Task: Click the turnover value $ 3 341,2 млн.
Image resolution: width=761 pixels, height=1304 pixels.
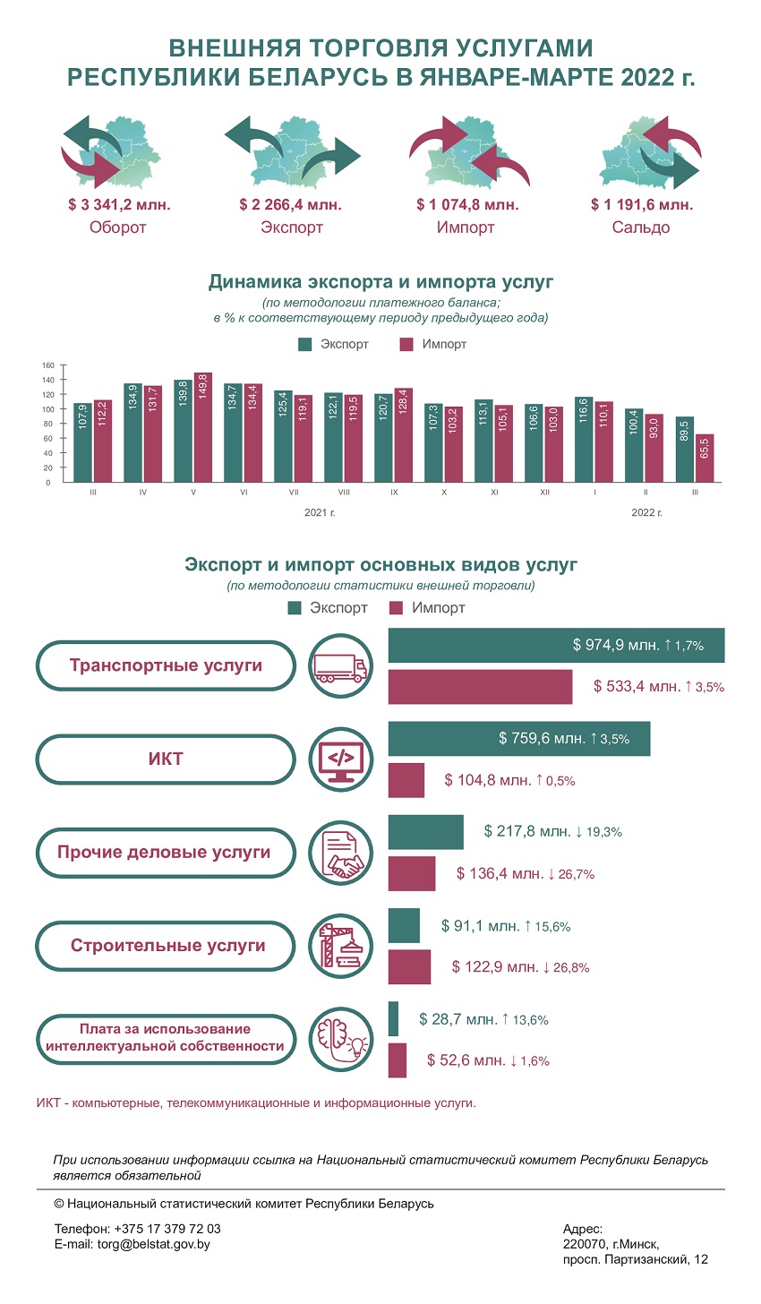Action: (x=119, y=204)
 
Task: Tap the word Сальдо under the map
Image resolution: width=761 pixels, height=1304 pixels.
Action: (x=640, y=227)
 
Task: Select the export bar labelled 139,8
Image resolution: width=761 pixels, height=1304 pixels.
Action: (x=184, y=431)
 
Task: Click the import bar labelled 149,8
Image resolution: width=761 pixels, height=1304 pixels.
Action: (x=202, y=427)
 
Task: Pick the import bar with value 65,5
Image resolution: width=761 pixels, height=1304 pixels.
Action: (x=705, y=459)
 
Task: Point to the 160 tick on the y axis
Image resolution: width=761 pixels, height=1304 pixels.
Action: (x=48, y=365)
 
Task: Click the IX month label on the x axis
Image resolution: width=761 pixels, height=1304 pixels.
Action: (x=394, y=493)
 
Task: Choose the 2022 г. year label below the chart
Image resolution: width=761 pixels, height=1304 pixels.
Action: (x=646, y=513)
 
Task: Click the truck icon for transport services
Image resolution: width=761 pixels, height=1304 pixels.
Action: (x=340, y=666)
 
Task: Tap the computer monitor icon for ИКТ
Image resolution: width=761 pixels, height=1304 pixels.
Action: (x=340, y=759)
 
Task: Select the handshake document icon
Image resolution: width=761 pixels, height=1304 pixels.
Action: (x=340, y=853)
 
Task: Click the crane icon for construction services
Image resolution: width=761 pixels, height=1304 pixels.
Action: (x=340, y=946)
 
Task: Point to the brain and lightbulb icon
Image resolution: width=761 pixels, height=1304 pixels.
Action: (x=340, y=1040)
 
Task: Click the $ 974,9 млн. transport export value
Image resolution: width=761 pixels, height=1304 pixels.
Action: (x=616, y=645)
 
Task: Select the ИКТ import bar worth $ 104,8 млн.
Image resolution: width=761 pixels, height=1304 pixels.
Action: (x=406, y=780)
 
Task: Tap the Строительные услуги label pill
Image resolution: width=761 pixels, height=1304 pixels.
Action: (x=166, y=946)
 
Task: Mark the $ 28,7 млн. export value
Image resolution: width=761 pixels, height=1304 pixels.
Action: (x=458, y=1019)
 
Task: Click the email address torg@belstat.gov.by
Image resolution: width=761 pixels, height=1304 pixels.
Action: (x=154, y=1245)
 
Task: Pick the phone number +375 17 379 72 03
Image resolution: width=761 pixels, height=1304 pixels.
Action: (x=167, y=1229)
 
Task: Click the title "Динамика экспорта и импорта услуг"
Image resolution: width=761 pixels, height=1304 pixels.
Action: (x=380, y=282)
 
